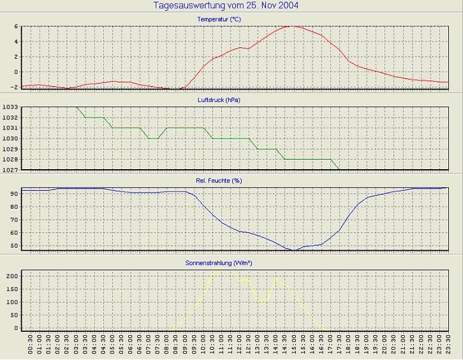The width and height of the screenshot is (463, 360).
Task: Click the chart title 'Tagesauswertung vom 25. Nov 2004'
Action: tap(226, 6)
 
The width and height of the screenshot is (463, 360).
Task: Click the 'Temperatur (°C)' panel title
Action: tap(219, 19)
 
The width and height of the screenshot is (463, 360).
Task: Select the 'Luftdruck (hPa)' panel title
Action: tap(219, 100)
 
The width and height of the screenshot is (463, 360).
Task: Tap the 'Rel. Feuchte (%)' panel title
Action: tap(219, 181)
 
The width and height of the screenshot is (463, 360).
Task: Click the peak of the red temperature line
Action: tap(290, 26)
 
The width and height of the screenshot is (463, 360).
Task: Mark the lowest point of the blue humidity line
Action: tap(294, 251)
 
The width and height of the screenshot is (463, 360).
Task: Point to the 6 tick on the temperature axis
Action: tap(17, 27)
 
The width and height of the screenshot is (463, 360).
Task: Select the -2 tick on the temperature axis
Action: tap(15, 87)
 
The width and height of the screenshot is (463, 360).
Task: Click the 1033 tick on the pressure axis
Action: tap(11, 108)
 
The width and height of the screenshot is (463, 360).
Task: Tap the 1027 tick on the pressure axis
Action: tap(11, 170)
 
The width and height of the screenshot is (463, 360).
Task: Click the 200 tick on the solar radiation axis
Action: tap(13, 276)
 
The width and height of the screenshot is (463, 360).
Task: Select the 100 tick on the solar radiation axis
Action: tap(13, 302)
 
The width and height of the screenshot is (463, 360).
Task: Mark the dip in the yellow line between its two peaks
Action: tap(261, 301)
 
